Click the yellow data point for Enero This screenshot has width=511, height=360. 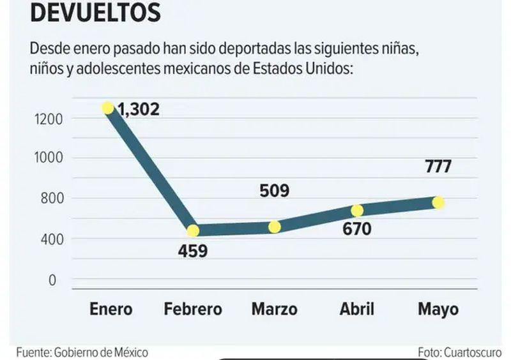coord(107,107)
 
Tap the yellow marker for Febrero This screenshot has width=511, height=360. coord(192,230)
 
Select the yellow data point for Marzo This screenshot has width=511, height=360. coord(275,227)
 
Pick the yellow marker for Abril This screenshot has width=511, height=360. coord(357,211)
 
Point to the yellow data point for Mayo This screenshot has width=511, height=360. coord(438,202)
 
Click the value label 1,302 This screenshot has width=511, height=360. coord(139,109)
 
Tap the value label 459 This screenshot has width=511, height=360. coord(193,251)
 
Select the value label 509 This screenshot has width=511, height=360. coord(275,191)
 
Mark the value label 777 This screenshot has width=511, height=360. coord(438,167)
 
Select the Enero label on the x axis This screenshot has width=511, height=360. coord(111,310)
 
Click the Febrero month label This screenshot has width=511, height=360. coord(193,310)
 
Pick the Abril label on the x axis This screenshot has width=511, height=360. coord(356,310)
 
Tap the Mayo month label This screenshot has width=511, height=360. coord(438,310)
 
